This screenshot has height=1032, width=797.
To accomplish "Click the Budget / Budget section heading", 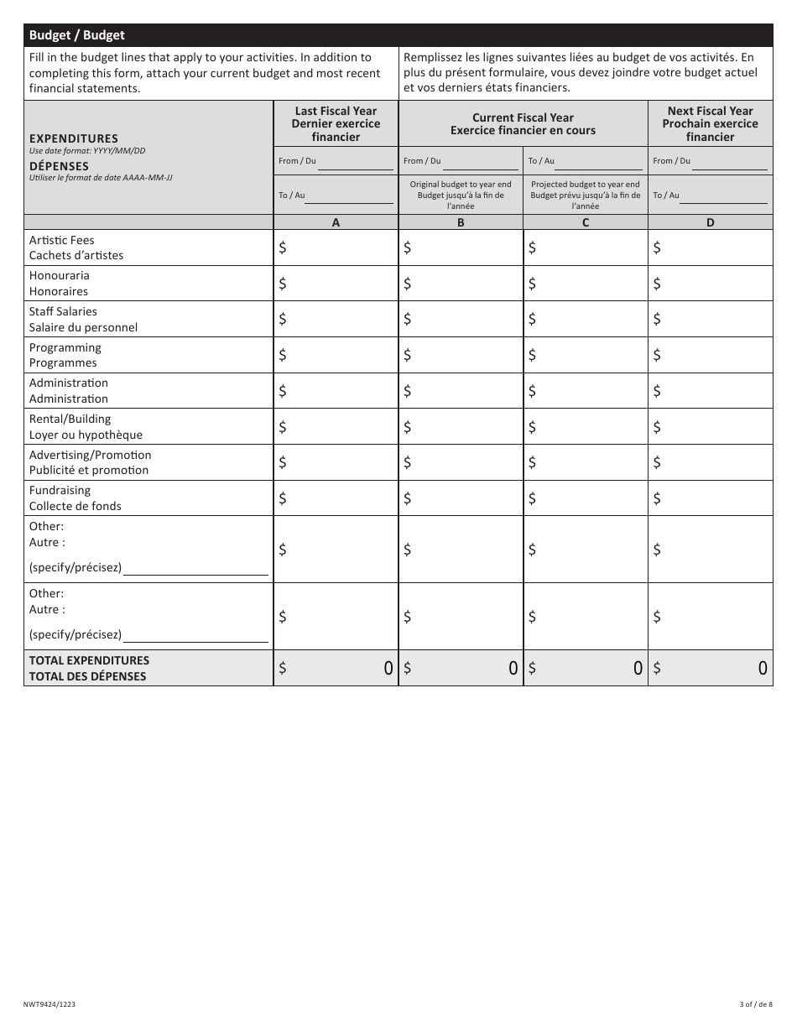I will pos(77,35).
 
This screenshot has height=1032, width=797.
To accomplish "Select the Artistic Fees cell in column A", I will pos(336,248).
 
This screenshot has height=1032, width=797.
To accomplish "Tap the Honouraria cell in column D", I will pos(711,284).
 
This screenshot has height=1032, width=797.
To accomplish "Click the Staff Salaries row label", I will pos(83,319).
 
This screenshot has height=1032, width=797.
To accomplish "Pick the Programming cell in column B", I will pos(461,355).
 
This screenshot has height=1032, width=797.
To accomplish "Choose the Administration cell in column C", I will pos(586,391).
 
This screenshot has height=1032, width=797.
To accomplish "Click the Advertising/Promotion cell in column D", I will pos(711,462).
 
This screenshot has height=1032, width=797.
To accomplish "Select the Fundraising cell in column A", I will pos(336,498).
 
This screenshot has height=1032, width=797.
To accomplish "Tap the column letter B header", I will pos(461,222).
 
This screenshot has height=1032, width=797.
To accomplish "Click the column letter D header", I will pos(711,222).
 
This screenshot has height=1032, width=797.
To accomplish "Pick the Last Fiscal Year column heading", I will pos(336,123).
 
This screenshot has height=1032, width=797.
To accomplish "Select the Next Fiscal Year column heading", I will pos(710,123).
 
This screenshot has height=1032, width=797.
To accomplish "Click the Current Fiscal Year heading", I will pos(523,123).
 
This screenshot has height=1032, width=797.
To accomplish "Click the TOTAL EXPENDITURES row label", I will pos(89,668).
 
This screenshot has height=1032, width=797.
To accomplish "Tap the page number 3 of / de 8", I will pos(756,1004).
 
